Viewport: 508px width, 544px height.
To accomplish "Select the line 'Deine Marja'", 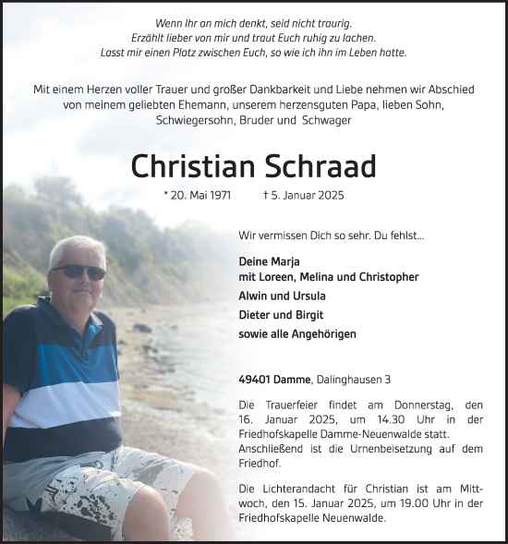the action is click(x=264, y=261).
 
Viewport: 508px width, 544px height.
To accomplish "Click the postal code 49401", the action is click(x=255, y=379).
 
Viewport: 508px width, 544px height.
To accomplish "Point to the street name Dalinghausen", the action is click(x=351, y=379).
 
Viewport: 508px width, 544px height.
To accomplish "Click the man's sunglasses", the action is click(x=79, y=271).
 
